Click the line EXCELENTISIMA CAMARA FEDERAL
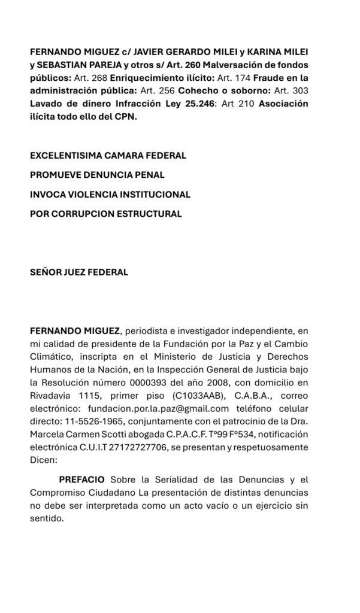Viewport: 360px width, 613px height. coord(108,156)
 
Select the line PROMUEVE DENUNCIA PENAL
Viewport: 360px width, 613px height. coord(97,175)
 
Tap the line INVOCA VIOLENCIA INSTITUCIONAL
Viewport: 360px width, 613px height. coord(110,194)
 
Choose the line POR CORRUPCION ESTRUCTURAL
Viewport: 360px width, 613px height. coord(105,213)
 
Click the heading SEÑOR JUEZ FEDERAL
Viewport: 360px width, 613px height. coord(79,272)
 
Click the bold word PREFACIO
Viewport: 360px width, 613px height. coord(81,480)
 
